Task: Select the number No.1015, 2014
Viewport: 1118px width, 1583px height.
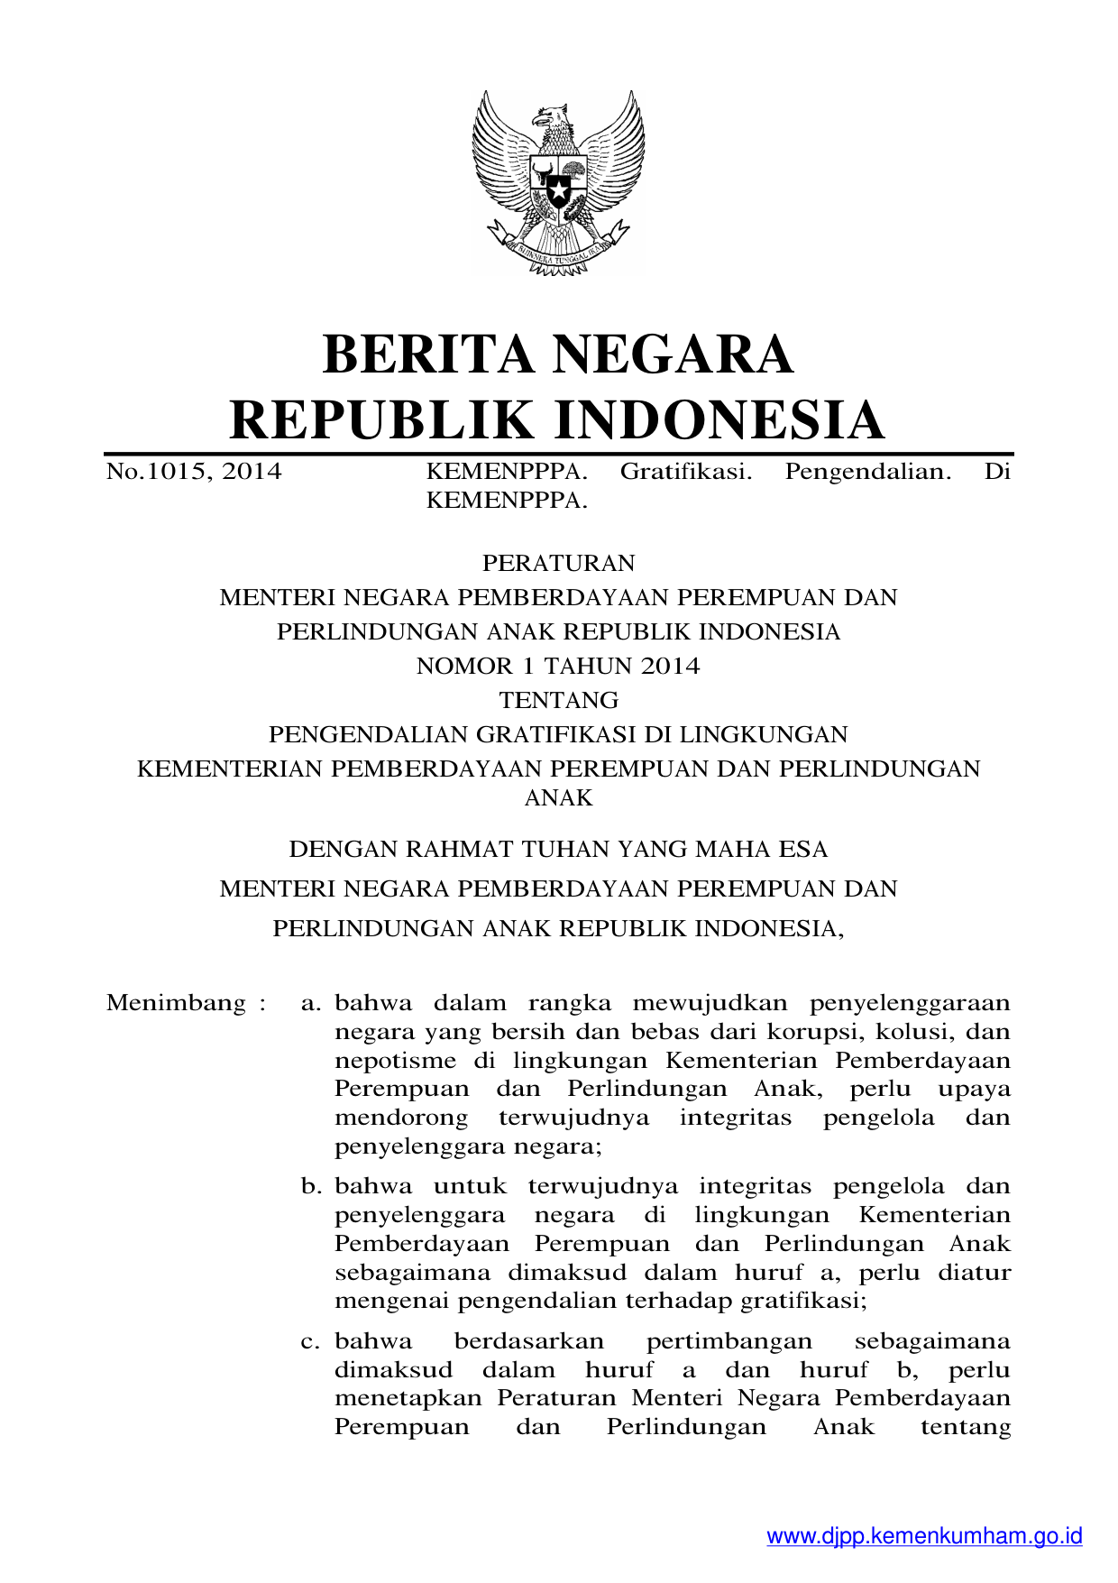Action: (194, 471)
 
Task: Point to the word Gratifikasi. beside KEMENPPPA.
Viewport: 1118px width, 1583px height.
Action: (686, 471)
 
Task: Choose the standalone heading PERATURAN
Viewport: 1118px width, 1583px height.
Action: (558, 563)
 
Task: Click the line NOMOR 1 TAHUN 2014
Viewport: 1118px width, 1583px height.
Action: (558, 666)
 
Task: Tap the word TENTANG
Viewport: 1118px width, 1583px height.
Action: (558, 700)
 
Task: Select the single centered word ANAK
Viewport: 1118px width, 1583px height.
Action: (558, 797)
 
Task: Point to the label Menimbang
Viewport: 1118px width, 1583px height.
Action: (177, 1003)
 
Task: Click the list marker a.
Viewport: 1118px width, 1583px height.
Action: (311, 1003)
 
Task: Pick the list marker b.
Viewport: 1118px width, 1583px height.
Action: (311, 1186)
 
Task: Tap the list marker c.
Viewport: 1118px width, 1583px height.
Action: (311, 1341)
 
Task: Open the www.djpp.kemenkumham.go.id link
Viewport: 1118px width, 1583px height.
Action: (924, 1536)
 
